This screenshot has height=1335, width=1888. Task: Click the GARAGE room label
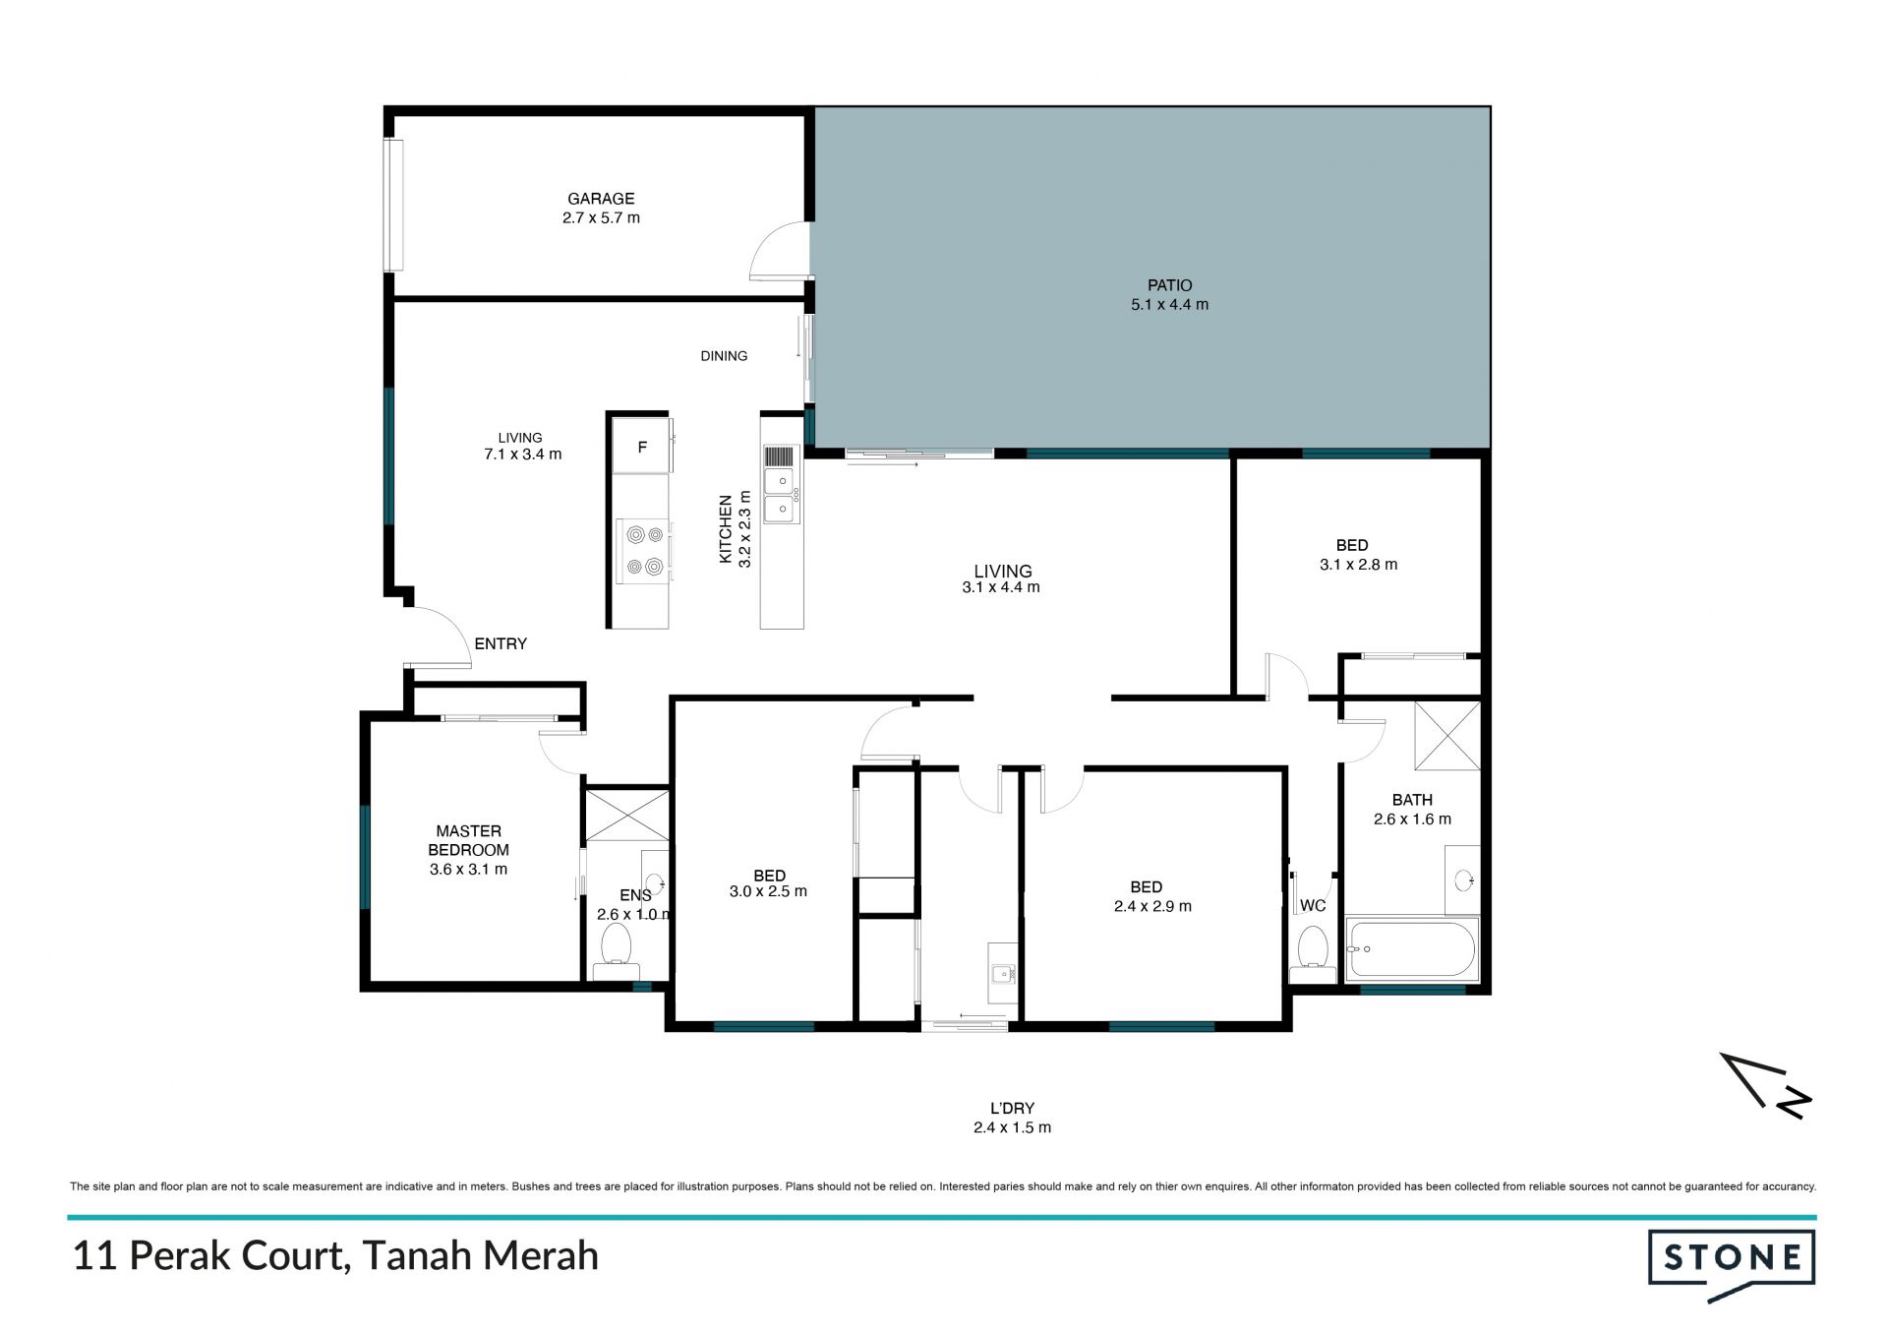tap(601, 199)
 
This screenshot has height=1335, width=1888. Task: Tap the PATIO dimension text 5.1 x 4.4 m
tap(1169, 305)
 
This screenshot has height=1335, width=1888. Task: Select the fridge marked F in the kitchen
tap(640, 447)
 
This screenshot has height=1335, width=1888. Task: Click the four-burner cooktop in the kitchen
tap(643, 551)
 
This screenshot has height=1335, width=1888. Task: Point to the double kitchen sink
tap(782, 495)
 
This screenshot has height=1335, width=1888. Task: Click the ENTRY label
tap(501, 643)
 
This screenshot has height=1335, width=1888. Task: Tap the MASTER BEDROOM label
tap(469, 840)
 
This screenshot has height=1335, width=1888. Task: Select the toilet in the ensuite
tap(616, 952)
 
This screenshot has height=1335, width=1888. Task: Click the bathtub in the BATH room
tap(1411, 948)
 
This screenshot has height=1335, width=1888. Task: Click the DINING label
tap(724, 356)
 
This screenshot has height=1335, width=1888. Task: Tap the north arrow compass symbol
tap(1766, 1085)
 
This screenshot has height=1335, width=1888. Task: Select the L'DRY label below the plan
tap(1012, 1108)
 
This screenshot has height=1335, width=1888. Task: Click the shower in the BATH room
tap(1446, 735)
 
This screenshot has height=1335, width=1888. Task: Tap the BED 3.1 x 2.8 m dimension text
tap(1358, 565)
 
